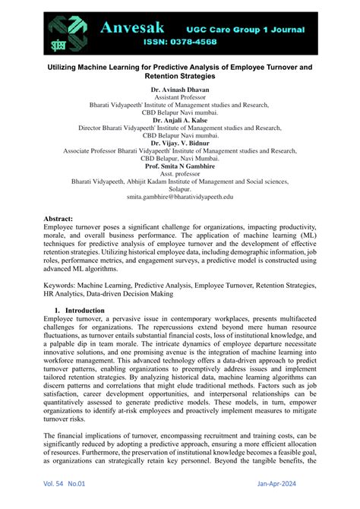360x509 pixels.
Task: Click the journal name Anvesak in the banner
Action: point(136,28)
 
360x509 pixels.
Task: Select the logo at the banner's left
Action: point(68,32)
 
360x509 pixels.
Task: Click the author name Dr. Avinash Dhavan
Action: point(180,90)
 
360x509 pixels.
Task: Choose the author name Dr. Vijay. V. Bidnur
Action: point(180,143)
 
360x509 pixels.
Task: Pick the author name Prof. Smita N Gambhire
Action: point(180,166)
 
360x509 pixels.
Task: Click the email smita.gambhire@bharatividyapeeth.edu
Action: point(180,196)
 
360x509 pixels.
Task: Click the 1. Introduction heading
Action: point(84,289)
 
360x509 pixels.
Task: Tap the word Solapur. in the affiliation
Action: point(180,188)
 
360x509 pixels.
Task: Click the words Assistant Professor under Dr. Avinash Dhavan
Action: point(180,98)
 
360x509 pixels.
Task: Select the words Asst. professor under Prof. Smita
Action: point(180,173)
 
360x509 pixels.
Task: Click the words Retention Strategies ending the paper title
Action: point(180,76)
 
